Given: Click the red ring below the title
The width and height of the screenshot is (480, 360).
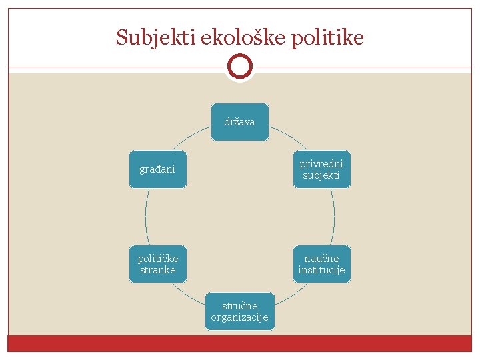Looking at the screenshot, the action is point(239,67).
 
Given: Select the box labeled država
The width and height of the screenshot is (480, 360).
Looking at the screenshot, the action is point(239,122).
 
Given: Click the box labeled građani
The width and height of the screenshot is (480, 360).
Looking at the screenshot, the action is point(157,169).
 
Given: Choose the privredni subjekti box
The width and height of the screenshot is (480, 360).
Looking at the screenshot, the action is point(321,169).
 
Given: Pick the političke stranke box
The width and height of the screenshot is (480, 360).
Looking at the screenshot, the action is point(157,264).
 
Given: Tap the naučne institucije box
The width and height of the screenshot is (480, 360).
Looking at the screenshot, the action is point(321,264).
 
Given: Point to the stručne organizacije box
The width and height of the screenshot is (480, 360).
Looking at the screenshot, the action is point(239,311).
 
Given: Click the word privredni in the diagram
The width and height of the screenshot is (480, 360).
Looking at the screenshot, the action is point(321,164).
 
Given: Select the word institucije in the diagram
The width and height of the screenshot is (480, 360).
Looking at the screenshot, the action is point(321,270).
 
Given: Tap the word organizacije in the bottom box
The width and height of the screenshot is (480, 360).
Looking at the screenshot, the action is point(239,317).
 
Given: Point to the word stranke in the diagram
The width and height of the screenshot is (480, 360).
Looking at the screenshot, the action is point(157,270).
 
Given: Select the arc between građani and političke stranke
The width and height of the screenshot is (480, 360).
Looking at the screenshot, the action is point(145,217).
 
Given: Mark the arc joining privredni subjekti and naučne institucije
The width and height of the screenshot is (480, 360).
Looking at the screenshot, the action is point(334,217).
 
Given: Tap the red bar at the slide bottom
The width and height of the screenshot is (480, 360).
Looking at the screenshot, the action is point(239,343).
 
